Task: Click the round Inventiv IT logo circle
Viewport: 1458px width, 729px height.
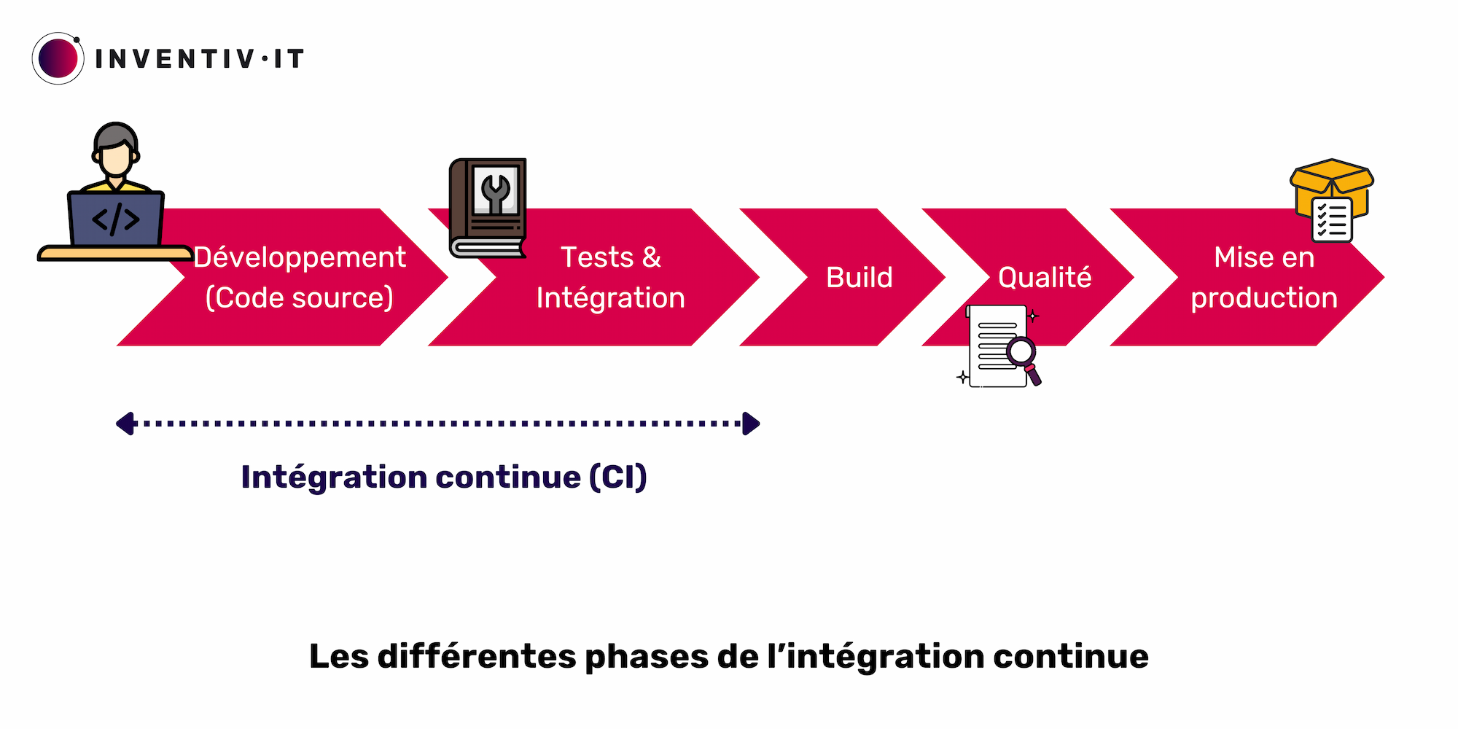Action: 58,58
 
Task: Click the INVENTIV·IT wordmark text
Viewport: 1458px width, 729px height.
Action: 199,59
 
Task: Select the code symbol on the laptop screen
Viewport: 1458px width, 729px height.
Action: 115,219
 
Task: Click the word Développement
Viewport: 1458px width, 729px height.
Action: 300,257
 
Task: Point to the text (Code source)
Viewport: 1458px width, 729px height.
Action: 300,297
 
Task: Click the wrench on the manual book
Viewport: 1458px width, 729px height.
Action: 496,192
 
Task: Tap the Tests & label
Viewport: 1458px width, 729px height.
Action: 611,257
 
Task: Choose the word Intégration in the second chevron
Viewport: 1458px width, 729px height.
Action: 611,297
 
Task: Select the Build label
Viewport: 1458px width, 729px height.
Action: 859,278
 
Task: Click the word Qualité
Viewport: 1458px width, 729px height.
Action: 1045,278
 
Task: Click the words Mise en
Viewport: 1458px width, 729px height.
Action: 1264,257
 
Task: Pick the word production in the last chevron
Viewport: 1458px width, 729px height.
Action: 1264,297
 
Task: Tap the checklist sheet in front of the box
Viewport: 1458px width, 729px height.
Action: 1332,219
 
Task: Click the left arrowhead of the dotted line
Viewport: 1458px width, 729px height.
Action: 126,424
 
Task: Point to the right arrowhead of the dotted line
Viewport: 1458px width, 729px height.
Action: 751,424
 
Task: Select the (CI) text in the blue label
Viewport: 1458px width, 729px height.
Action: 618,477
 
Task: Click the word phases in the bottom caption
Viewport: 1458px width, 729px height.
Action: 647,656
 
